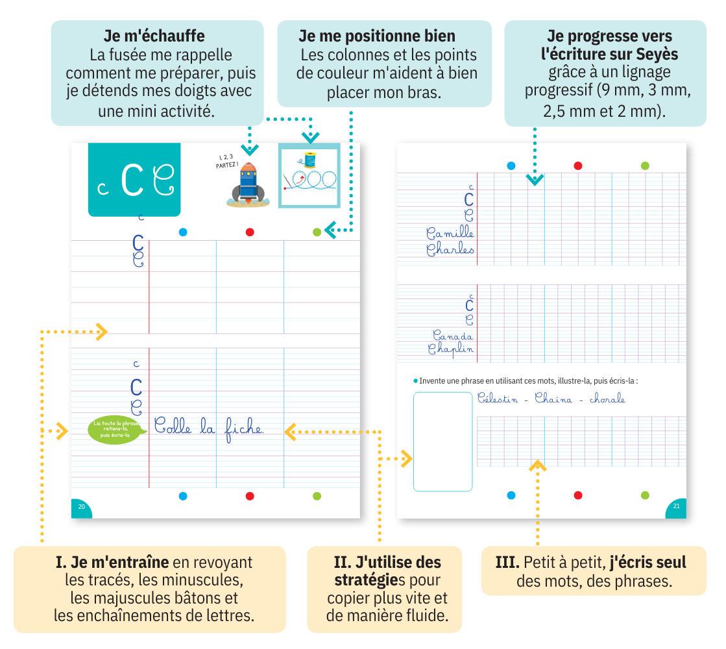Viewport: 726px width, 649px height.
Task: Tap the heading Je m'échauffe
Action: tap(154, 35)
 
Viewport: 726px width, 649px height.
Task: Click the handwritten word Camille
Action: tap(450, 233)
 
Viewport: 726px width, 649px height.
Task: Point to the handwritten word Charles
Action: tap(450, 250)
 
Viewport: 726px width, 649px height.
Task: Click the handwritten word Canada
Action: tap(452, 336)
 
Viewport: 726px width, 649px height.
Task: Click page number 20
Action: tap(81, 507)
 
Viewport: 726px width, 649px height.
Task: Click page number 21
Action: tap(675, 507)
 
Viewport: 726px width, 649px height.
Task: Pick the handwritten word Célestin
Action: tap(498, 399)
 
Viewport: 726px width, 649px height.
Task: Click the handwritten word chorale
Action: tap(607, 399)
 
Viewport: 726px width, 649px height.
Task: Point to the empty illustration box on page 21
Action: tap(442, 441)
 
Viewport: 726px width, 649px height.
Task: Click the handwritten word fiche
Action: tap(243, 428)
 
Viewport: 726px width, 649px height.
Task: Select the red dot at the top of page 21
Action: tap(577, 165)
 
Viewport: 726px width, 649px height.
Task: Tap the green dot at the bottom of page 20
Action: tap(317, 496)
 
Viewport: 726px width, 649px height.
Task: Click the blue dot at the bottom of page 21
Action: tap(511, 495)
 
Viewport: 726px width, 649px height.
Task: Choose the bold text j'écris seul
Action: tap(647, 562)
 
